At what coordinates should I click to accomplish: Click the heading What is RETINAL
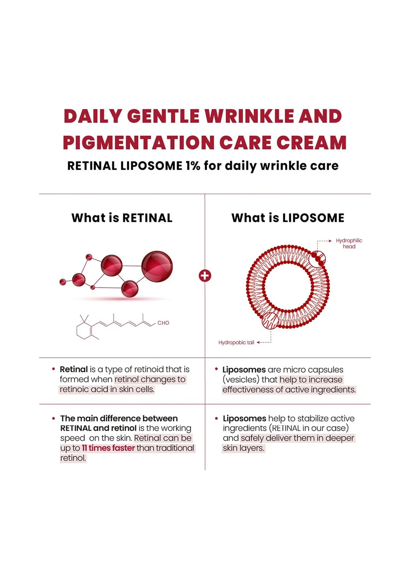[122, 218]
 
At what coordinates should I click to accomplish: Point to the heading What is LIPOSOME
[288, 218]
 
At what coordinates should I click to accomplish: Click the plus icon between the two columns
[205, 275]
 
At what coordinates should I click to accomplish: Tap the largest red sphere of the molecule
[157, 266]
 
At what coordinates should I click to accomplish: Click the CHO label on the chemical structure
[163, 323]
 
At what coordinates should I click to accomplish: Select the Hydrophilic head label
[349, 244]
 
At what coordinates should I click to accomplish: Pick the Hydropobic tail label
[236, 343]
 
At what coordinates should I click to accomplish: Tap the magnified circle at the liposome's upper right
[317, 259]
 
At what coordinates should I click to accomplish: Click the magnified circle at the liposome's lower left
[270, 321]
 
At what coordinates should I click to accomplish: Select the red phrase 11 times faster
[108, 448]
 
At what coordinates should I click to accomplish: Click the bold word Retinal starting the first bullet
[74, 369]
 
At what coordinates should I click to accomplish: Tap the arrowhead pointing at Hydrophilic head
[330, 241]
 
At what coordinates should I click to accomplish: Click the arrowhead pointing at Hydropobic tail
[258, 343]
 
